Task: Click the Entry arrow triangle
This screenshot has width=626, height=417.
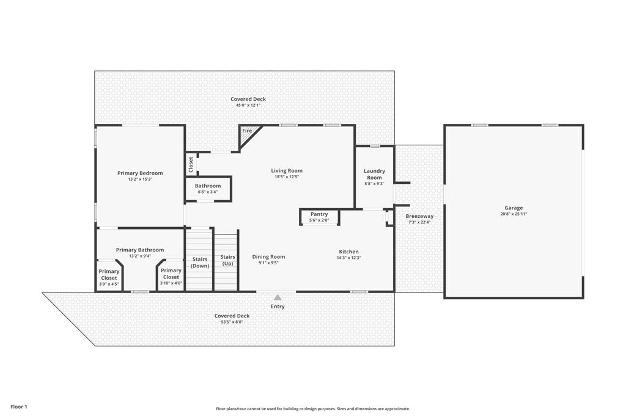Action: pyautogui.click(x=278, y=297)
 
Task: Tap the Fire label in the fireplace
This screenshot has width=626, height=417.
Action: pyautogui.click(x=247, y=131)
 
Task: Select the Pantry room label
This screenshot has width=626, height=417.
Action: pyautogui.click(x=319, y=214)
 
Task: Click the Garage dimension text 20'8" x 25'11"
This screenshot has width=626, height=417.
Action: pyautogui.click(x=514, y=214)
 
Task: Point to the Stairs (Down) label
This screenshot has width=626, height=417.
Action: pyautogui.click(x=200, y=263)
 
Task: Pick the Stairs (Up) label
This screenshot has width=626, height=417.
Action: pyautogui.click(x=227, y=260)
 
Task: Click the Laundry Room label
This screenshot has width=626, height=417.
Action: pyautogui.click(x=375, y=174)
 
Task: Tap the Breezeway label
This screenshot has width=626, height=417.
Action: pyautogui.click(x=419, y=216)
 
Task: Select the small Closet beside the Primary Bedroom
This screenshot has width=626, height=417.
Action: pyautogui.click(x=191, y=164)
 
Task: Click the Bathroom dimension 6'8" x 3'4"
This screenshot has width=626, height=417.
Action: pyautogui.click(x=208, y=192)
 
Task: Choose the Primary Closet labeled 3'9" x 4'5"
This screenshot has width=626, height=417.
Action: pyautogui.click(x=109, y=275)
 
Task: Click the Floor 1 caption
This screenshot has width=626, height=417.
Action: pyautogui.click(x=19, y=407)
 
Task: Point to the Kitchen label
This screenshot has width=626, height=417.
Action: pyautogui.click(x=349, y=252)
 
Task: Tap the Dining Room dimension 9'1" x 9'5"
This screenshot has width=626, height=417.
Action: pyautogui.click(x=268, y=263)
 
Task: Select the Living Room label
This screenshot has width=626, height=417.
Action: pyautogui.click(x=287, y=170)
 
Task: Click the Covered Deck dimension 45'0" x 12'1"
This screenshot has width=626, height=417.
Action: pyautogui.click(x=248, y=105)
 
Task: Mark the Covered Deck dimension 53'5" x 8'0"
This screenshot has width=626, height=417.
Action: pyautogui.click(x=232, y=322)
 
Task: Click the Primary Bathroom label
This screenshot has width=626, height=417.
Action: pyautogui.click(x=140, y=250)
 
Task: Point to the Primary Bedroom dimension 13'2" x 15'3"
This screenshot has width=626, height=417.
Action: pyautogui.click(x=140, y=179)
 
